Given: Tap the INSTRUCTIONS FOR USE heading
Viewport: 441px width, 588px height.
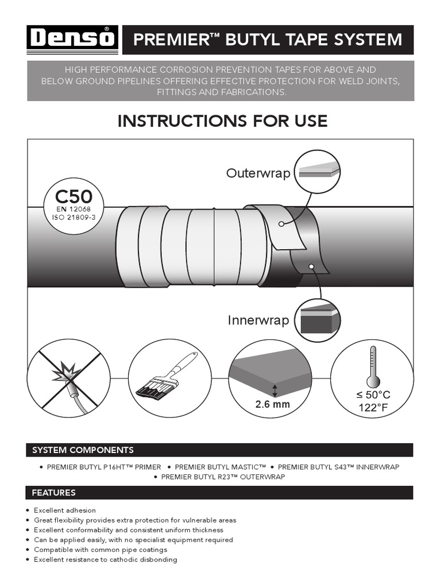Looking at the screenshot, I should [222, 121].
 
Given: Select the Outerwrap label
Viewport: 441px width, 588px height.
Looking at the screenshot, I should [258, 173].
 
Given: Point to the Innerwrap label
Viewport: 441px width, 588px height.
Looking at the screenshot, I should [258, 320].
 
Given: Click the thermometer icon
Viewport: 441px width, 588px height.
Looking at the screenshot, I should [373, 367].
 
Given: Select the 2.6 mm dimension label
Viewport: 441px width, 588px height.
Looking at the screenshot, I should [273, 404].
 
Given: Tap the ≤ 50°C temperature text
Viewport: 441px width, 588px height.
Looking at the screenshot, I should [373, 395].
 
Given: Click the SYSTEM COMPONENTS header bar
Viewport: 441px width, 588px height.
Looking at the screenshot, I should [220, 450].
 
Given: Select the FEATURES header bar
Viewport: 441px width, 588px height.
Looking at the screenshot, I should [220, 492].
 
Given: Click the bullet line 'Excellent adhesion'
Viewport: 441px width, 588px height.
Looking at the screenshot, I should [65, 510].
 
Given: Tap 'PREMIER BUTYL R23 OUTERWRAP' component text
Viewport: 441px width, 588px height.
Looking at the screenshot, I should [223, 477].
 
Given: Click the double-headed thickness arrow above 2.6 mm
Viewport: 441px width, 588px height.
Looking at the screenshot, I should [274, 390].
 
